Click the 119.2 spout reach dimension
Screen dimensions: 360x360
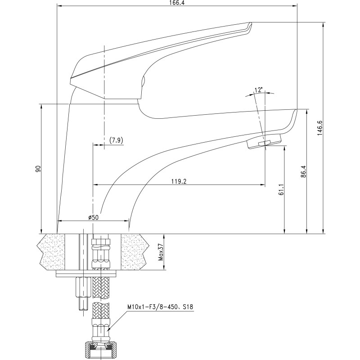click(179, 181)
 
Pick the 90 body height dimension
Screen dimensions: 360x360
click(38, 169)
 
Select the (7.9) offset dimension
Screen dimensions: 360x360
click(116, 140)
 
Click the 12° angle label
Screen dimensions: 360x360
click(258, 90)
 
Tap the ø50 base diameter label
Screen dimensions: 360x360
click(93, 217)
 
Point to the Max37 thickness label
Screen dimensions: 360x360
click(161, 252)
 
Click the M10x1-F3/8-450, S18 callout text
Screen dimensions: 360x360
click(160, 307)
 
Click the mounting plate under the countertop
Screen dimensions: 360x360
click(86, 274)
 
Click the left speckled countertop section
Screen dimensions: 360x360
click(52, 252)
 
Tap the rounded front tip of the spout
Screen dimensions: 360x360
click(295, 113)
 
